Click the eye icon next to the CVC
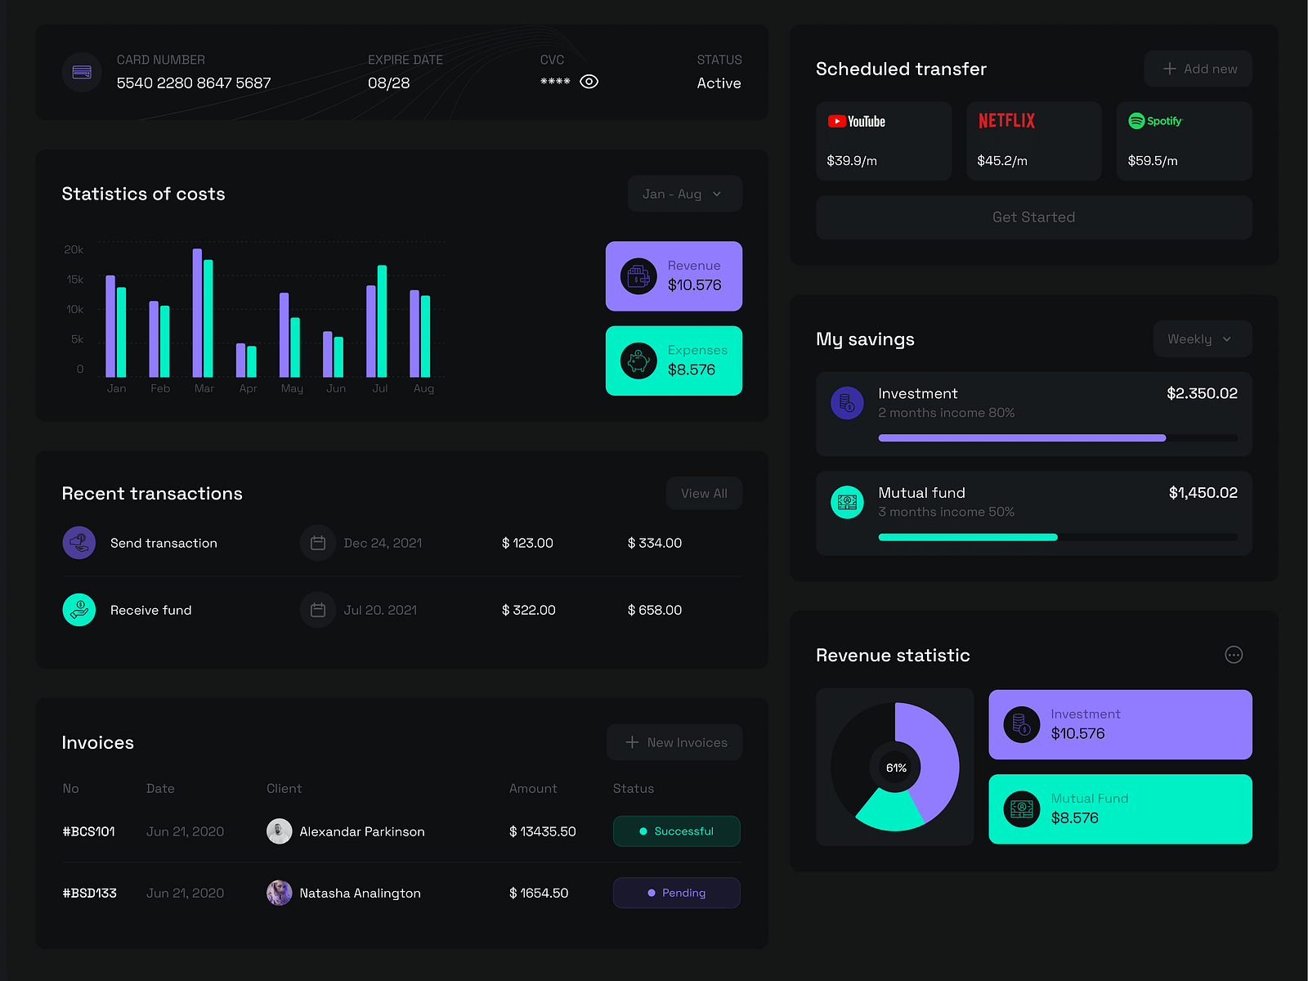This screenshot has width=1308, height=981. point(589,82)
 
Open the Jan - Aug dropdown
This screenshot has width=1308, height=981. point(684,194)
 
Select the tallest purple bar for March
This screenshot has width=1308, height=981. point(197,312)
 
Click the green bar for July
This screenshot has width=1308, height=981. point(382,320)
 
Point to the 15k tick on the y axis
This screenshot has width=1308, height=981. point(75,280)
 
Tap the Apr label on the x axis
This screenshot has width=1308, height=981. point(248,388)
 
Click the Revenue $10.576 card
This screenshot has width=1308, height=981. point(674,276)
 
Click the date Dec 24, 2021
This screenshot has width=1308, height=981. point(383,543)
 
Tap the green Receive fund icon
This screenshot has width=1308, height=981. point(79,610)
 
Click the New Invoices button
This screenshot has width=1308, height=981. point(674,742)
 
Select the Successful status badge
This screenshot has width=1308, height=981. point(676,831)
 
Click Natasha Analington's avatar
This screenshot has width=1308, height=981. point(280,893)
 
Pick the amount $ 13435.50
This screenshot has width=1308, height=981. point(542,831)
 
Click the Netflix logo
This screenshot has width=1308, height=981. point(1006,121)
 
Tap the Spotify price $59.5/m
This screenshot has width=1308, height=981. point(1152,161)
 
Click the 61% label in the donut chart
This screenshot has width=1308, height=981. point(896,768)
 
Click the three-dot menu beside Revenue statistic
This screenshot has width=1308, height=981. point(1234,655)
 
